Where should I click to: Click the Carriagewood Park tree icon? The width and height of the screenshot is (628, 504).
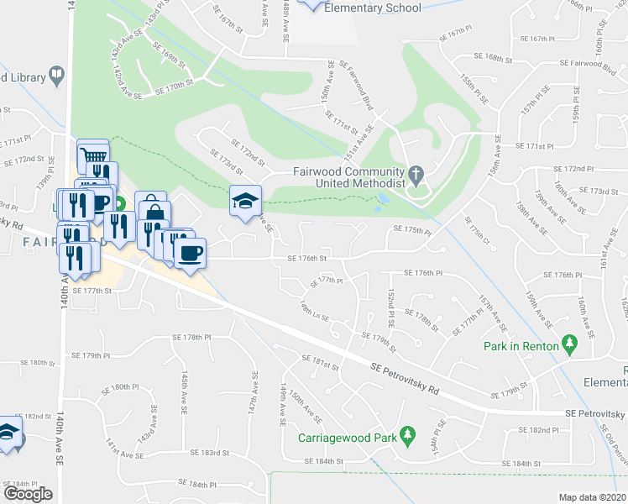coord(409,434)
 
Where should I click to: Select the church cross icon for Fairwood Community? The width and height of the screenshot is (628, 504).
coord(415,175)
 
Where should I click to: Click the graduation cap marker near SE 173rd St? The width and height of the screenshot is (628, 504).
coord(246,202)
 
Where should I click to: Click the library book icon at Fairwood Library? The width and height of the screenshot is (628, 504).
coord(56,76)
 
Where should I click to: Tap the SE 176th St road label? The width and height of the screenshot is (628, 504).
coord(306,259)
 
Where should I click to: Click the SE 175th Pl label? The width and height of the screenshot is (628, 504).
coord(411,230)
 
